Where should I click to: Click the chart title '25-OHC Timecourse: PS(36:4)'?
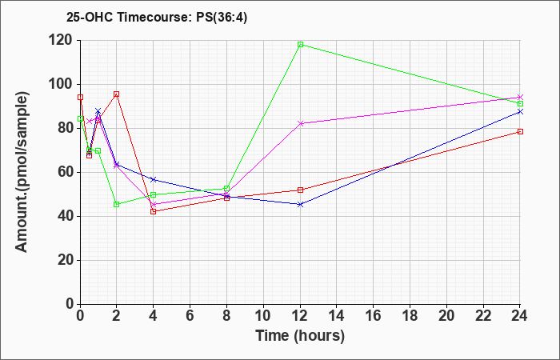click(157, 18)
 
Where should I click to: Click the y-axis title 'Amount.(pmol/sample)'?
click(22, 172)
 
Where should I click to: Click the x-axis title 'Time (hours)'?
click(300, 336)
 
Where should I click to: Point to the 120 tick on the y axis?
click(63, 40)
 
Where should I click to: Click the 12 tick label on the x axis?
click(300, 316)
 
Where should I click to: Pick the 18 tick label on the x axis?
click(410, 316)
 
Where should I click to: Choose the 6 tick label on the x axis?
click(190, 316)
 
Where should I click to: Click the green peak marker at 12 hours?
click(300, 45)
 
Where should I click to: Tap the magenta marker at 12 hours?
click(300, 123)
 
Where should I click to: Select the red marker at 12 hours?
click(300, 190)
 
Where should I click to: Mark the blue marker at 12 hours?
click(300, 204)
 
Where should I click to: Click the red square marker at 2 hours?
click(117, 94)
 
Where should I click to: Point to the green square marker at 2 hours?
click(117, 204)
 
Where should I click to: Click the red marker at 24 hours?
click(520, 131)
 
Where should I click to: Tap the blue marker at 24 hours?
click(520, 112)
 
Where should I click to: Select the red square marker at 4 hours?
click(154, 211)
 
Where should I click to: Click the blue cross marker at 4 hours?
click(154, 179)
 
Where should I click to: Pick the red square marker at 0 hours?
click(80, 97)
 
